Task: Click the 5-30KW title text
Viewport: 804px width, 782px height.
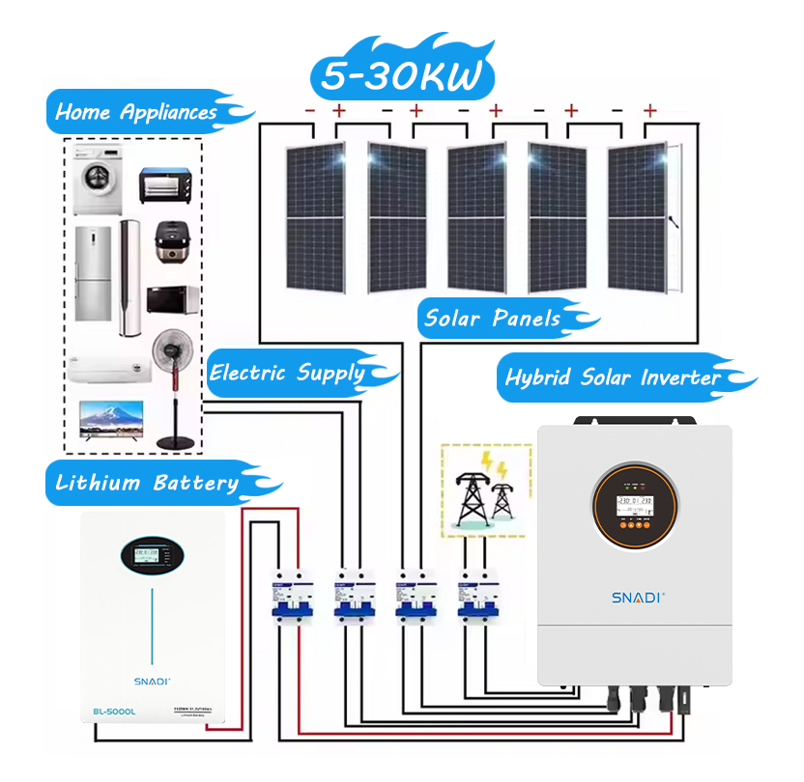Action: pos(401,76)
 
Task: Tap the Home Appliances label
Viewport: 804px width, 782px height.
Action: pos(136,112)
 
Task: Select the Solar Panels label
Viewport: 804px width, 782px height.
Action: pos(493,318)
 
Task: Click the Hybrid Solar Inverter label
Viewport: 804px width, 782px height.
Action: pos(613,377)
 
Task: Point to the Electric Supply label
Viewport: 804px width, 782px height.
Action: pos(288,373)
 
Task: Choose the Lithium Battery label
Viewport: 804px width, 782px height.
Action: pos(147,483)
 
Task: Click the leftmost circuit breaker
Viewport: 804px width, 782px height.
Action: pos(285,598)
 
